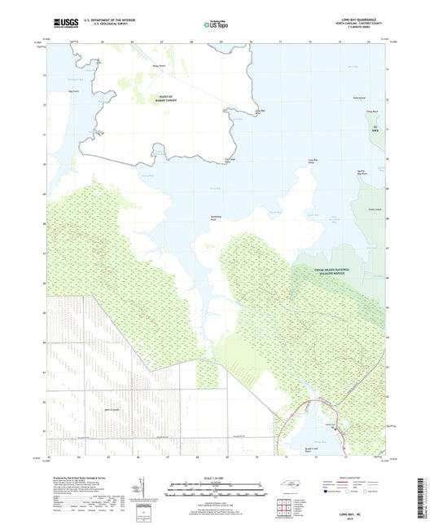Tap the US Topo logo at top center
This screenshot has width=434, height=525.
(x=216, y=24)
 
